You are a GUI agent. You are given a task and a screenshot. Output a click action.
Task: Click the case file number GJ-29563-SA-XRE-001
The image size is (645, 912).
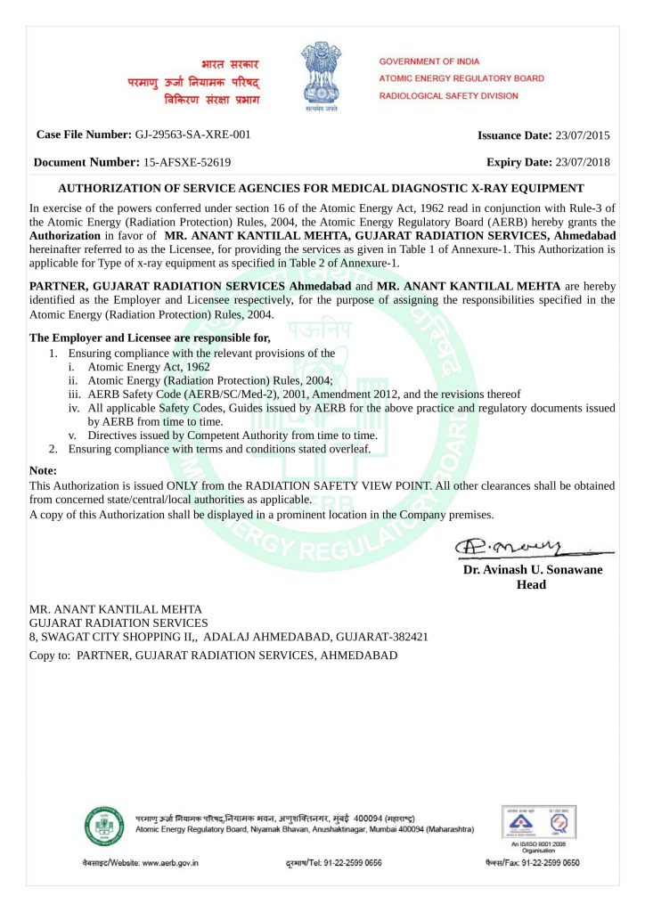192,134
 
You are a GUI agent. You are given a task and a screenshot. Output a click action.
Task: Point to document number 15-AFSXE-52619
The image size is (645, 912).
187,162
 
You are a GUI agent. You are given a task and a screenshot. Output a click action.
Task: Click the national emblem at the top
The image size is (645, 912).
322,77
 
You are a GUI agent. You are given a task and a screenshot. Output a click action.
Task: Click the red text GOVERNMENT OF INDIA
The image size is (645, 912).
429,61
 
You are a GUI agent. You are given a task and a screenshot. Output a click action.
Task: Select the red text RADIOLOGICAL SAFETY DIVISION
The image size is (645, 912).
448,95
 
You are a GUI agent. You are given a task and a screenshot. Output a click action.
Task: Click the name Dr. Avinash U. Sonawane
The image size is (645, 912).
532,570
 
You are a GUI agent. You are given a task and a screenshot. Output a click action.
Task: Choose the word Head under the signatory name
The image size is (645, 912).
531,584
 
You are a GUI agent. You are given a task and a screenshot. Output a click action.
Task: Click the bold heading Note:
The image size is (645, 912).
44,469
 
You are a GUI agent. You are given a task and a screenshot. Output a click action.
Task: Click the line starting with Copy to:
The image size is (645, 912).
214,655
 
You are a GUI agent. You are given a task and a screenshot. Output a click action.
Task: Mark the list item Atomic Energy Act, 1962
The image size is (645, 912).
149,366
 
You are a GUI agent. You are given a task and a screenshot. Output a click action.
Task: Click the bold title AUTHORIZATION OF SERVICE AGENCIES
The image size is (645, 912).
321,188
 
